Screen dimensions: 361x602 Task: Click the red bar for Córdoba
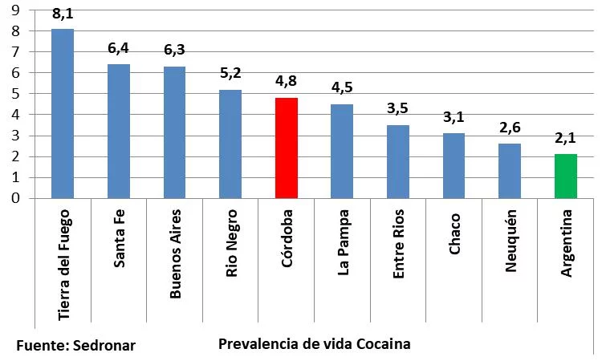pos(287,148)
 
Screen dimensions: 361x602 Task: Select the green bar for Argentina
pos(566,176)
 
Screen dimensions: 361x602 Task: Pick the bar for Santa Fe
pos(119,132)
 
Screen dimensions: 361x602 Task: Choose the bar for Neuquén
pos(510,171)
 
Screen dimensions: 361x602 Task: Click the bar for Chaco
pos(454,166)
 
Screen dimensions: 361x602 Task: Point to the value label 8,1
pos(63,14)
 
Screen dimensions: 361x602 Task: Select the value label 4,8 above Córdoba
pos(287,83)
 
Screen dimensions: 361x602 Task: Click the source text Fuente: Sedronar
pos(76,346)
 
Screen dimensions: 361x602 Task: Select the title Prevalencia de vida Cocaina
pos(314,344)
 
